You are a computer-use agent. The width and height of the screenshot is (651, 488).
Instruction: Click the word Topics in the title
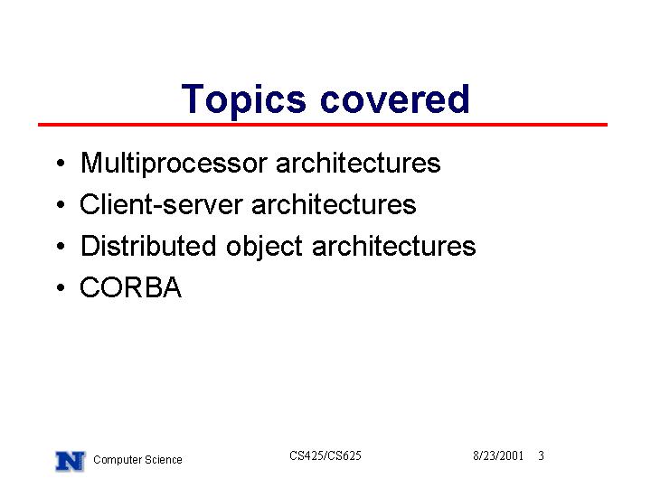(243, 99)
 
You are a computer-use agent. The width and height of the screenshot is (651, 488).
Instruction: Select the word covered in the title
(395, 99)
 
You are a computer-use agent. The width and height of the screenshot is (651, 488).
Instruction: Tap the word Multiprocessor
(174, 164)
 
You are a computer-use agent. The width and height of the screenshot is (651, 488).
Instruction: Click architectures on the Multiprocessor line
(358, 163)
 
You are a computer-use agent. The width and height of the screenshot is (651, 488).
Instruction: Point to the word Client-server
(161, 204)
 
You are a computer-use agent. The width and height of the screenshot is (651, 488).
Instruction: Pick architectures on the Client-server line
(334, 204)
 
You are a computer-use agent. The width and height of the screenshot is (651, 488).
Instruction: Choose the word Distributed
(148, 246)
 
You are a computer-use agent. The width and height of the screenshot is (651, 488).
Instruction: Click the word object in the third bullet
(264, 247)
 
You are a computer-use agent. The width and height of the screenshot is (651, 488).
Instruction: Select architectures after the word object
(393, 246)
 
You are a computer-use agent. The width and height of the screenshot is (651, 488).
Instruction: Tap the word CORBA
(131, 287)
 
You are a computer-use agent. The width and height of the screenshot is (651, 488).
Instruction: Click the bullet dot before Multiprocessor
(61, 163)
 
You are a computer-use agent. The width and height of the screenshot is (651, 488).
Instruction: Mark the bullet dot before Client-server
(61, 204)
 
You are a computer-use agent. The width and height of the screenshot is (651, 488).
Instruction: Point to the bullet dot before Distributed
(61, 246)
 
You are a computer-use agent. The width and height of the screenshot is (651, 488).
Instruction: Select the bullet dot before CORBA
(61, 287)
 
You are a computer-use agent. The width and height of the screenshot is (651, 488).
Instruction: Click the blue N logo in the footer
(71, 461)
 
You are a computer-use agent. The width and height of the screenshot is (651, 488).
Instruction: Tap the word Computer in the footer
(112, 460)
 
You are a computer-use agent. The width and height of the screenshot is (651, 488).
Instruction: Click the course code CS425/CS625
(325, 455)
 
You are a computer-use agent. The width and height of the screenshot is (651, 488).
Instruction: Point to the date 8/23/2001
(498, 455)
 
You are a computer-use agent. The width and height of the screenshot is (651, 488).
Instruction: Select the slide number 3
(541, 455)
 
